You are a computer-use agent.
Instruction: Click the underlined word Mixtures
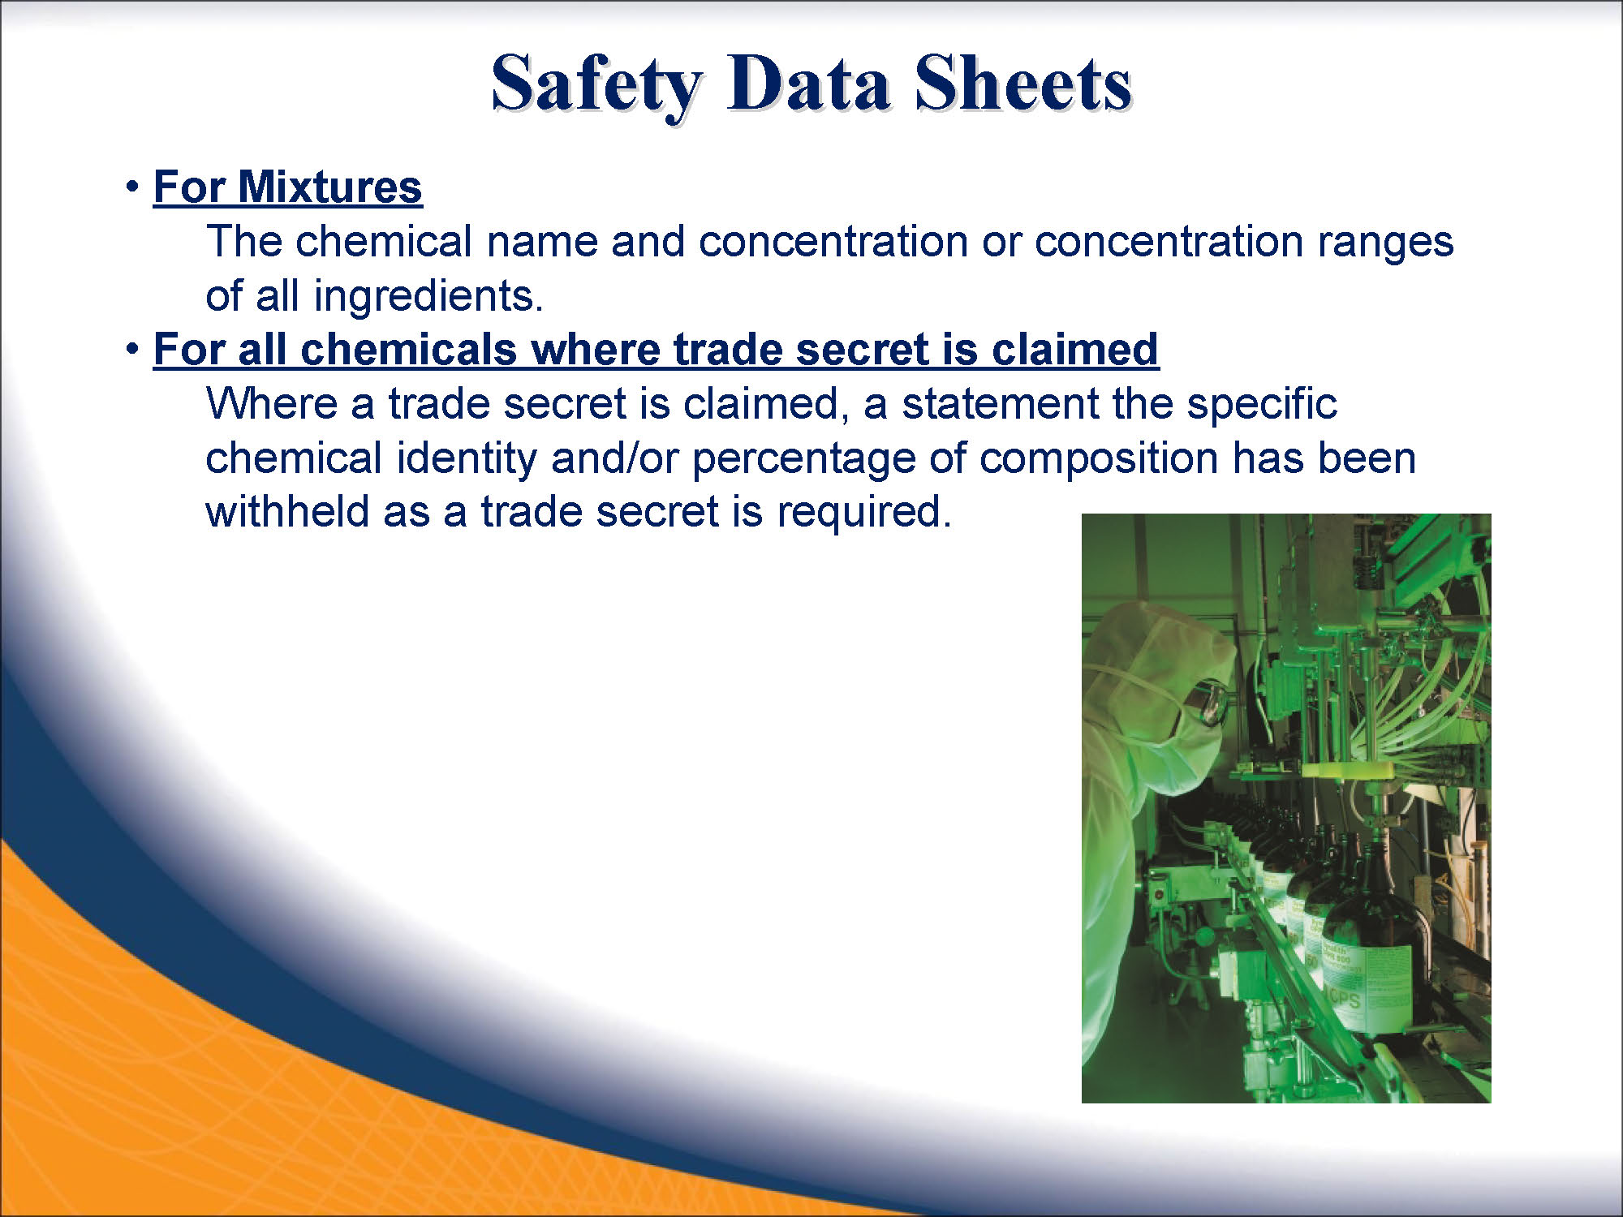329,187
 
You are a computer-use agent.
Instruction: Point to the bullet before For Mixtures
132,187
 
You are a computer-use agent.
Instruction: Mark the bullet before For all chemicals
132,349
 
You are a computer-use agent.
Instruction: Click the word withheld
287,512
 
